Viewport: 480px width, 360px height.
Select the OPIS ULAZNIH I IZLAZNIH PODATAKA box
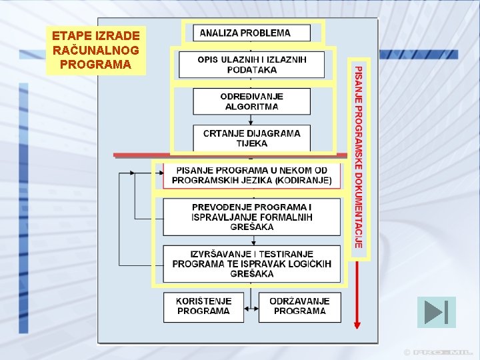pos(251,65)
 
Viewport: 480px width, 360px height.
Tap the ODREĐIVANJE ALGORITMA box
pos(251,101)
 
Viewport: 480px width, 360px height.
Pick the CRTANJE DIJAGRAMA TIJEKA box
pos(251,138)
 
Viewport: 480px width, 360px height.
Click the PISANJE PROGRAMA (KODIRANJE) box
pos(251,175)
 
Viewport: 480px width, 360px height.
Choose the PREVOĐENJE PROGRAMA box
pos(251,217)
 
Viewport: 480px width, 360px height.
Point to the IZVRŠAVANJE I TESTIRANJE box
pos(251,263)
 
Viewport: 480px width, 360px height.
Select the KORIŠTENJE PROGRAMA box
pos(203,307)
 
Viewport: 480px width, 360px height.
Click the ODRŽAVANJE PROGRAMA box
pos(299,307)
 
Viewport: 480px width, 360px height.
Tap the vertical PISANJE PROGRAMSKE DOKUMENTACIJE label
pos(359,157)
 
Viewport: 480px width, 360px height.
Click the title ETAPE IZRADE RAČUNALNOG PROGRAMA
pos(95,50)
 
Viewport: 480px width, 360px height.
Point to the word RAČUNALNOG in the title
pos(95,50)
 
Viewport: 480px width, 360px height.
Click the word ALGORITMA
pos(251,107)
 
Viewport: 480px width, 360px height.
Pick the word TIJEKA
pos(251,143)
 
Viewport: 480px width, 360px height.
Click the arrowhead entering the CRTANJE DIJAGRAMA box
pos(251,123)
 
